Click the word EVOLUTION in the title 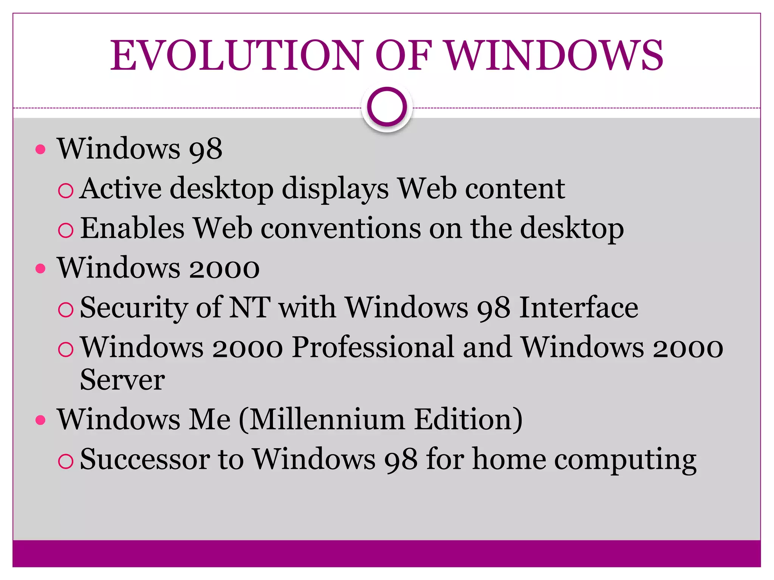(236, 56)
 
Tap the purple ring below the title (387, 107)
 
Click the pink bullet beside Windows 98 (40, 150)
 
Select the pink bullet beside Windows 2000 (40, 269)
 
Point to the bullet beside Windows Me (40, 420)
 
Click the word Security (134, 307)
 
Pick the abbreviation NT (250, 307)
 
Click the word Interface (579, 307)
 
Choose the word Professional (373, 347)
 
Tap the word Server (122, 380)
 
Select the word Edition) (468, 420)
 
